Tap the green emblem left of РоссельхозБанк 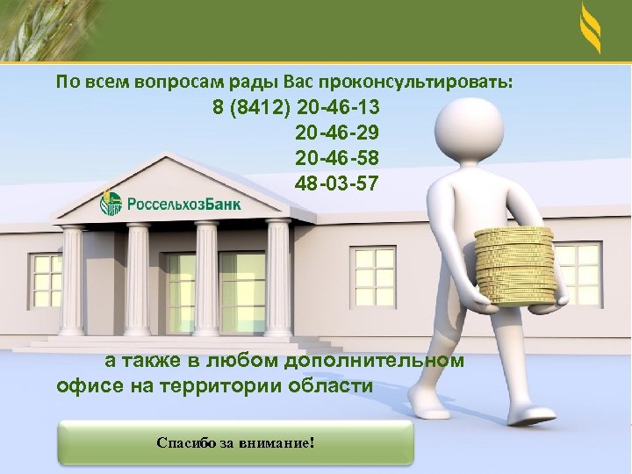click(111, 203)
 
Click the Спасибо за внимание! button click(234, 442)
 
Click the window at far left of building click(42, 276)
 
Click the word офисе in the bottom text click(85, 385)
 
